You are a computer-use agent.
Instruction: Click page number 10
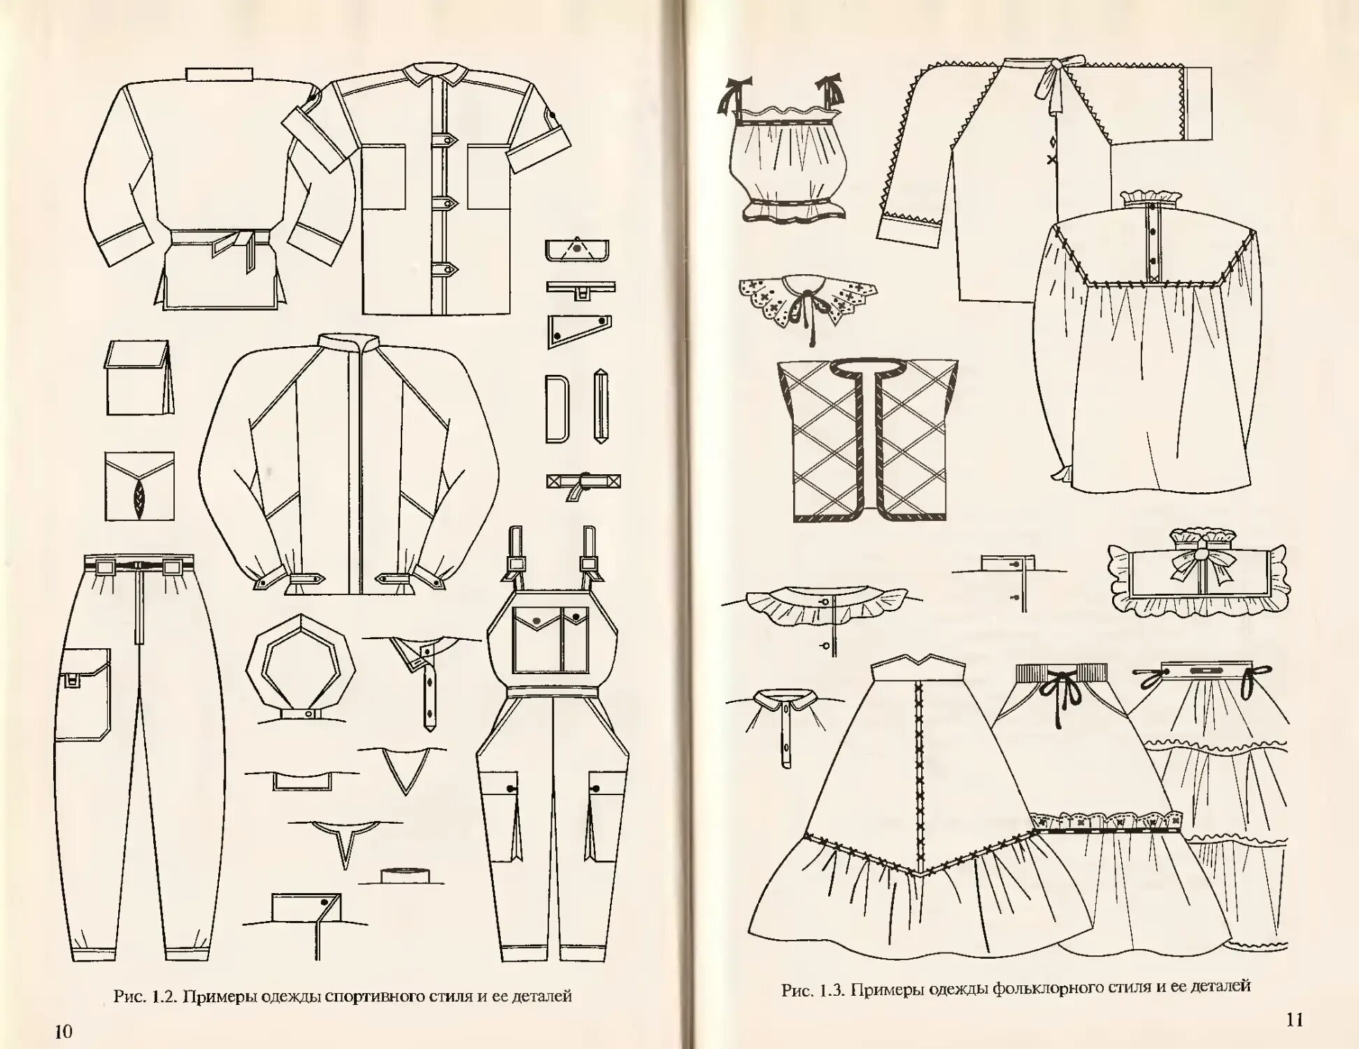(x=63, y=1031)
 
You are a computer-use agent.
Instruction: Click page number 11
(x=1295, y=1020)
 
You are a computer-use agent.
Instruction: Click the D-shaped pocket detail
(x=557, y=408)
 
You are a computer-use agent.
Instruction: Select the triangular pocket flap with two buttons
(x=576, y=330)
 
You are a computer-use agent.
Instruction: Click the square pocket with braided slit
(x=139, y=486)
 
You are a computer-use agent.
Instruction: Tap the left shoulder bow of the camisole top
(x=734, y=97)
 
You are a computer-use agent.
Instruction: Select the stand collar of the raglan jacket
(x=349, y=345)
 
